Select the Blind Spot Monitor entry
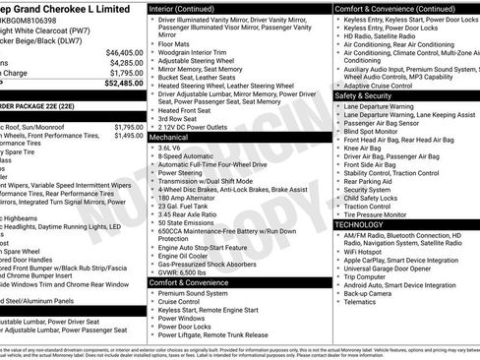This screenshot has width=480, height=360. point(378,131)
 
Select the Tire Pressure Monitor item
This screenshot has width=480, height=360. point(386,214)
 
